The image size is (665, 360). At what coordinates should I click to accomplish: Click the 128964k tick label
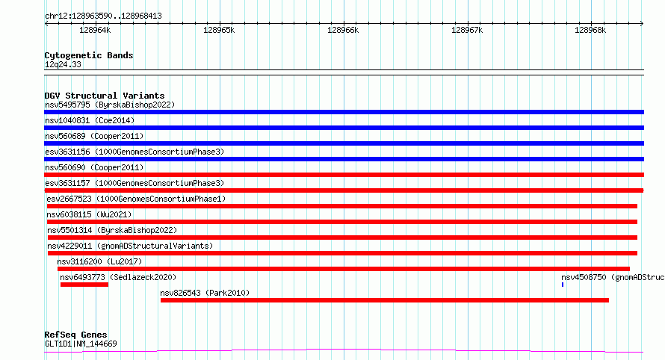tap(95, 30)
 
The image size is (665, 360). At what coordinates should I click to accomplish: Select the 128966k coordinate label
tap(343, 30)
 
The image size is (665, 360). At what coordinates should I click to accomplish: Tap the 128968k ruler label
tap(590, 30)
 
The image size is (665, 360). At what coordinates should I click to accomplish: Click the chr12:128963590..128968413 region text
tap(103, 16)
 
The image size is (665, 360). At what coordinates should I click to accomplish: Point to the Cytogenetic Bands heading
tap(89, 55)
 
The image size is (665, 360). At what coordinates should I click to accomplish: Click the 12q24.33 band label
tap(63, 64)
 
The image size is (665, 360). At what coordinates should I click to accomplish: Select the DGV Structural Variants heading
tap(105, 96)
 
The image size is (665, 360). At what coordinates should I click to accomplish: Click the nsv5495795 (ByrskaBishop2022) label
tap(110, 105)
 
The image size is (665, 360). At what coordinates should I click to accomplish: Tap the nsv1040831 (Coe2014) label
tap(90, 120)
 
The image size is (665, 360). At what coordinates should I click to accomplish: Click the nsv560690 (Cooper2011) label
tap(94, 167)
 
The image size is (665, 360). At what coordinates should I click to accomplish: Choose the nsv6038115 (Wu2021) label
tap(89, 214)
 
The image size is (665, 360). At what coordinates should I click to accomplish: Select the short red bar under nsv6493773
tap(84, 285)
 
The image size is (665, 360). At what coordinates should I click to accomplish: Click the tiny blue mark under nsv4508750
tap(563, 285)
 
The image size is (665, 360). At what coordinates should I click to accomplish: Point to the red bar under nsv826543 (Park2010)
tap(385, 300)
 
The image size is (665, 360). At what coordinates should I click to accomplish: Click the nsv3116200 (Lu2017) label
tap(99, 261)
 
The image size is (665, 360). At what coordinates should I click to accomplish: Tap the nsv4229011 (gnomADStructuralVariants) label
tap(130, 246)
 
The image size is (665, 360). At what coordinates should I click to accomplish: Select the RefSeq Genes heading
tap(75, 335)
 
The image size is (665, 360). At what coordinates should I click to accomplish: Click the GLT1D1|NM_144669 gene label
tap(81, 344)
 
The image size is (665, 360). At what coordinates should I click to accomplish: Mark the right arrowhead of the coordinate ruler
tap(642, 23)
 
